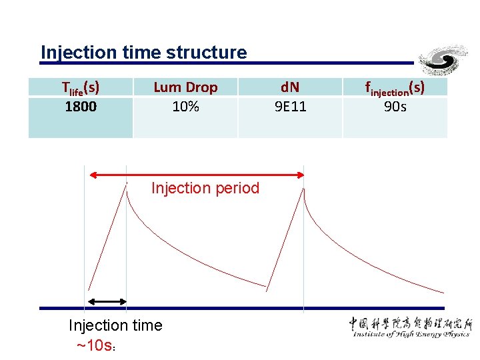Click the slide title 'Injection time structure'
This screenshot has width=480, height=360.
143,53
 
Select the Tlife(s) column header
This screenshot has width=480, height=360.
80,87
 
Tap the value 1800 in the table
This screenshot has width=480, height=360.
80,107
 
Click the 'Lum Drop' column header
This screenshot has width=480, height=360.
185,87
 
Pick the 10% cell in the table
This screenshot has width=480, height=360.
185,107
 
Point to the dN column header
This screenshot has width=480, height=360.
289,87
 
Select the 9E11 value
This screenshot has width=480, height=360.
289,107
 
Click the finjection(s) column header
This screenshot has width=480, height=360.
395,87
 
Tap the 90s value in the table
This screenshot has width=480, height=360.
395,107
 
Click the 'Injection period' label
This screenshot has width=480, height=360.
205,188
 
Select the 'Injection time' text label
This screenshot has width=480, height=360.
115,325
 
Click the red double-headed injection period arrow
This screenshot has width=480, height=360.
197,175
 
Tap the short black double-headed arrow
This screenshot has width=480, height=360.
106,301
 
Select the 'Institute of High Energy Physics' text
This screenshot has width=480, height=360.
412,334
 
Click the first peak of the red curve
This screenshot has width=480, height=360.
127,184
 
